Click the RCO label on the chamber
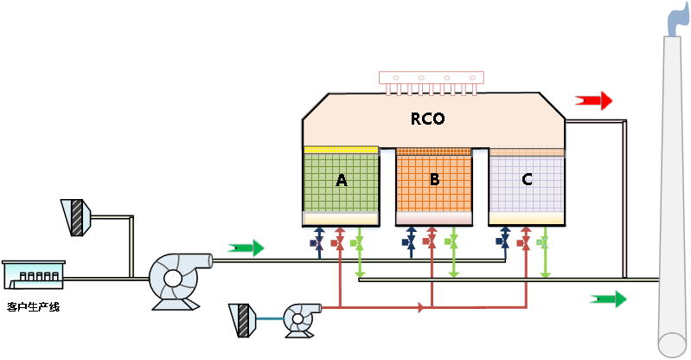click(427, 119)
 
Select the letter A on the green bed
click(341, 180)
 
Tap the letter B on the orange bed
click(434, 179)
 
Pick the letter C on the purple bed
click(527, 180)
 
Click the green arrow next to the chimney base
click(609, 299)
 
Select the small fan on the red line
click(299, 318)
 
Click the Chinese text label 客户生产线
click(33, 306)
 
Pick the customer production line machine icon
click(34, 275)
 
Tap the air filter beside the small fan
click(243, 319)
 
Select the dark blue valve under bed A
click(318, 242)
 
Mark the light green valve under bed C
click(545, 242)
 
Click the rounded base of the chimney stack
click(673, 344)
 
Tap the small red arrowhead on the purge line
click(421, 307)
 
